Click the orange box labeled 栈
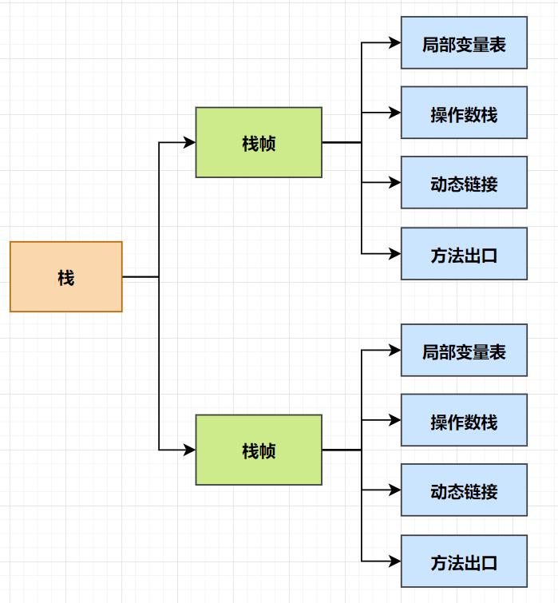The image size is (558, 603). coord(66,276)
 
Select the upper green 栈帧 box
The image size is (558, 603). coord(259,142)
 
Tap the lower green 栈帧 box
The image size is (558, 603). coord(259,450)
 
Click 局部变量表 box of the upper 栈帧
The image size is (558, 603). coord(464,42)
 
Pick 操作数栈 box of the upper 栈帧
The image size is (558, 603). coord(464,113)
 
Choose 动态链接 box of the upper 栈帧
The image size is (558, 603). coord(464,183)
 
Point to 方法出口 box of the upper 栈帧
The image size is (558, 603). coord(464,254)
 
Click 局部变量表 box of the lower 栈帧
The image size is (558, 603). coord(464,350)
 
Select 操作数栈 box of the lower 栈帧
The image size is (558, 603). coord(464,420)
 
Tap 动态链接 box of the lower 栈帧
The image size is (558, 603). coord(464,490)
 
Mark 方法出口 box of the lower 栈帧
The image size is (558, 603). coord(464,561)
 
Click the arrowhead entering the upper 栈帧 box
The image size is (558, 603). coord(189,142)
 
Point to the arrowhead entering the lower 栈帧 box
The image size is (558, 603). coord(189,450)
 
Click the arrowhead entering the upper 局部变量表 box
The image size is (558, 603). coord(394,42)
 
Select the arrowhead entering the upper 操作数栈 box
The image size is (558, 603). coord(394,113)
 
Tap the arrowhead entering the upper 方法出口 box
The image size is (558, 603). coord(394,254)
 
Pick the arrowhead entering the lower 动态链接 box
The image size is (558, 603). coord(394,490)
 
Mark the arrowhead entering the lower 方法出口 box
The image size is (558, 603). coord(394,561)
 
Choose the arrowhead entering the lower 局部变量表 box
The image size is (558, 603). coord(394,350)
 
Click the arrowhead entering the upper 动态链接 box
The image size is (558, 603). coord(394,183)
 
